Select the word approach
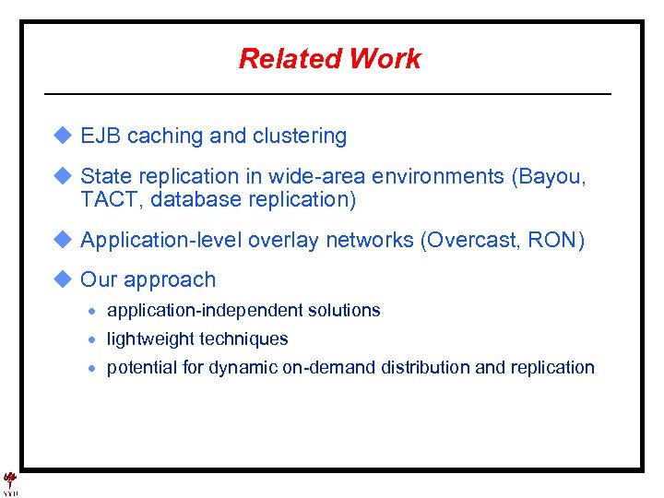(170, 280)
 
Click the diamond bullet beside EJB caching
(62, 136)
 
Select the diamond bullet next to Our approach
(62, 279)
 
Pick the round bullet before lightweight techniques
(92, 339)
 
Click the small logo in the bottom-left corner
(10, 483)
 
